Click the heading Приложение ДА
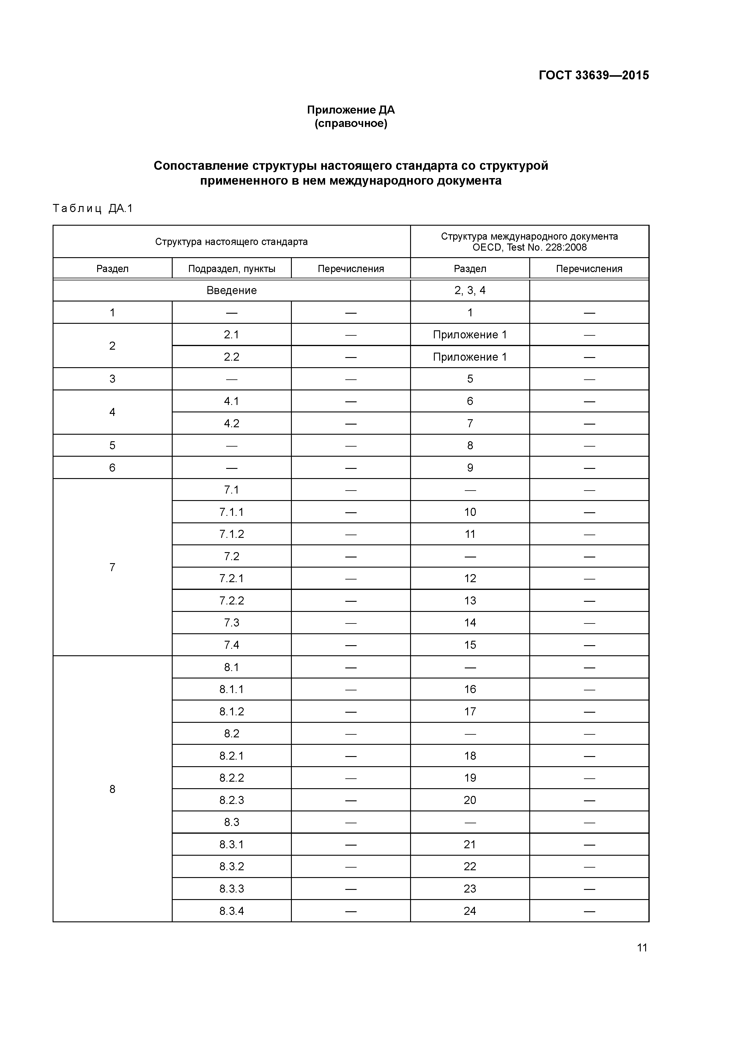tap(351, 110)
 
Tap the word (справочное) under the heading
tap(351, 124)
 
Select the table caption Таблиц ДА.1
tap(93, 208)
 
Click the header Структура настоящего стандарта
tap(231, 242)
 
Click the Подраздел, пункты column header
tap(232, 268)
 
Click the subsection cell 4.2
tap(232, 423)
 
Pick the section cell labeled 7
tap(112, 567)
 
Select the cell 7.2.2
tap(232, 601)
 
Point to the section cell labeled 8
tap(112, 789)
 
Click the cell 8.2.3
tap(232, 800)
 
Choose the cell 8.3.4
tap(232, 911)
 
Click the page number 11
tap(642, 948)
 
